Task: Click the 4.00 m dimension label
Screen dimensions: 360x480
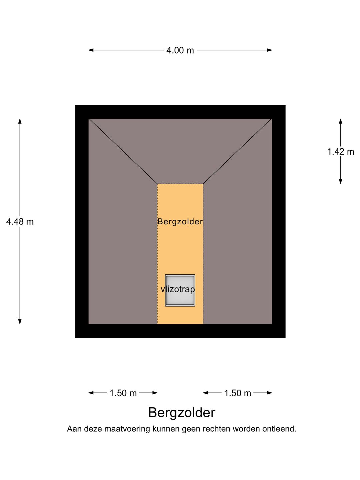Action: pos(180,50)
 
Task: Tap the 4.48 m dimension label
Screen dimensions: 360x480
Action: pos(20,222)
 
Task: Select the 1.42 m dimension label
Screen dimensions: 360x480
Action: pos(340,152)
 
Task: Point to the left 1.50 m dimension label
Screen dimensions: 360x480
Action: pos(123,393)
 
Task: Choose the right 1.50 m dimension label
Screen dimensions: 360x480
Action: pos(238,393)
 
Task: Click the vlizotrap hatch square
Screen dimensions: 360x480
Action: pos(180,290)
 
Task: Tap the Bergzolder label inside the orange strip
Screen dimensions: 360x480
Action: pos(180,222)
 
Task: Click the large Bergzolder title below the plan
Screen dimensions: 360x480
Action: pos(182,413)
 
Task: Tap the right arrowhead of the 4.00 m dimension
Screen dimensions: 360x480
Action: pos(269,50)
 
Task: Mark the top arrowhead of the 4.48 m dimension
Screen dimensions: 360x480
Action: pos(20,121)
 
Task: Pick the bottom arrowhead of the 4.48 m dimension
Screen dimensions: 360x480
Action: pos(20,322)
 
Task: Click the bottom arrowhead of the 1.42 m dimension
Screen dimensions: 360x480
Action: pos(340,181)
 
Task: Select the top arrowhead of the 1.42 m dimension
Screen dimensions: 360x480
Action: pos(340,121)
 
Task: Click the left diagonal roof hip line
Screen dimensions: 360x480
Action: pos(123,151)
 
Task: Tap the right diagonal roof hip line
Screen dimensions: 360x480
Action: pos(237,151)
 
